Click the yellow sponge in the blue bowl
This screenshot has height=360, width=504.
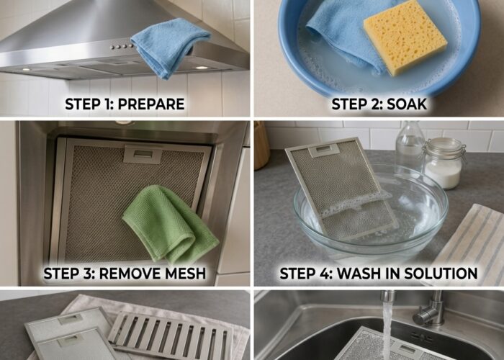[405, 38]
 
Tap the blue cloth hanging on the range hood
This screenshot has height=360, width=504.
[171, 47]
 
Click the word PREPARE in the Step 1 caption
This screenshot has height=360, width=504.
[151, 104]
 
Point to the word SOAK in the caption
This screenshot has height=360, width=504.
[407, 104]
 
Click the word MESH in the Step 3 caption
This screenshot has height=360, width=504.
[185, 273]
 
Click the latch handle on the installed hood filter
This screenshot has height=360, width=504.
[143, 154]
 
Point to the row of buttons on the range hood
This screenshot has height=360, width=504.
[122, 47]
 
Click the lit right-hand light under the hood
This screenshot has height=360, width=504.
[202, 68]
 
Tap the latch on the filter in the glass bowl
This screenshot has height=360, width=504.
[324, 150]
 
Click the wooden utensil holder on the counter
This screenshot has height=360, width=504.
[261, 145]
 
